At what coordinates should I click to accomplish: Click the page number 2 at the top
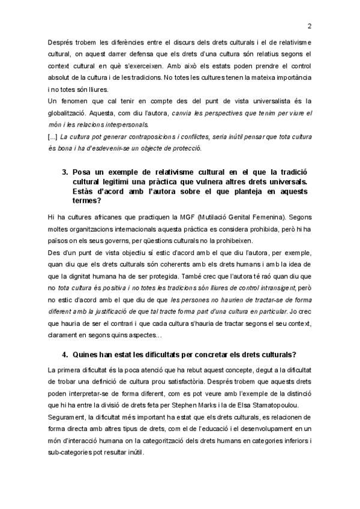[x=309, y=26]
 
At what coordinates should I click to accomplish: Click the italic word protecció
[x=184, y=149]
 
